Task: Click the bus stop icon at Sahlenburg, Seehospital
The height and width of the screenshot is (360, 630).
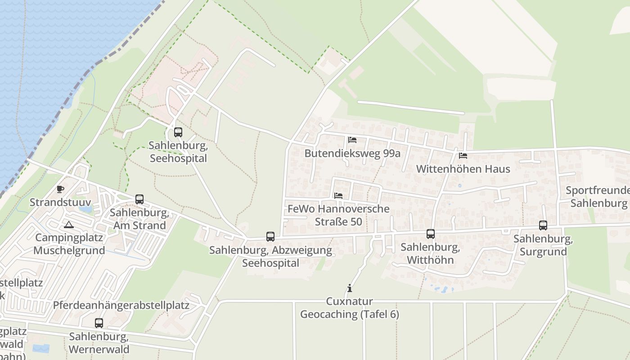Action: pyautogui.click(x=178, y=132)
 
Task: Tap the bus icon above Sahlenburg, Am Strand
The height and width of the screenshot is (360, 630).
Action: pyautogui.click(x=139, y=199)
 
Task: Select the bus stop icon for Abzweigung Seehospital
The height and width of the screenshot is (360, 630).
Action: pyautogui.click(x=270, y=237)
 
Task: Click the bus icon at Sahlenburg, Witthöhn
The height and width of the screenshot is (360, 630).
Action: pyautogui.click(x=431, y=234)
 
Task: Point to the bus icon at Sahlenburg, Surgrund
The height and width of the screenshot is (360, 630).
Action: pyautogui.click(x=543, y=225)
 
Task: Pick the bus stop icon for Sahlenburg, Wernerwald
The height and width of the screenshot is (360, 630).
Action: pyautogui.click(x=99, y=323)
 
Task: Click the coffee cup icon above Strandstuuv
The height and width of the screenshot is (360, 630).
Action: pyautogui.click(x=60, y=189)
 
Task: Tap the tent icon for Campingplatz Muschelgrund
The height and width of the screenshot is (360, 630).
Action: pyautogui.click(x=68, y=225)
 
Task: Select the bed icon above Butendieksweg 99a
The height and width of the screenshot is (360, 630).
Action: pyautogui.click(x=352, y=140)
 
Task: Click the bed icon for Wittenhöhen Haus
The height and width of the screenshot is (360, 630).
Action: pyautogui.click(x=463, y=156)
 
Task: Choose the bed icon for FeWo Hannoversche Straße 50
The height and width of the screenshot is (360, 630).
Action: pyautogui.click(x=338, y=196)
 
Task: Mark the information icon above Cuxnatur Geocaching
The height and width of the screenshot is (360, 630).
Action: pyautogui.click(x=349, y=288)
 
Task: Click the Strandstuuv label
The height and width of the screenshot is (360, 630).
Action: pyautogui.click(x=60, y=202)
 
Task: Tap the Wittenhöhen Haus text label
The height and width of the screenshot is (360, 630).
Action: pyautogui.click(x=463, y=169)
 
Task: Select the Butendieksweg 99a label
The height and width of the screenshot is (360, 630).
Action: pyautogui.click(x=352, y=153)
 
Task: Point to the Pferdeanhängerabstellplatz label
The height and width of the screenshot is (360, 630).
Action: pyautogui.click(x=121, y=305)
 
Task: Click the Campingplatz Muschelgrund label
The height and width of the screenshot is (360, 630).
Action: pyautogui.click(x=69, y=244)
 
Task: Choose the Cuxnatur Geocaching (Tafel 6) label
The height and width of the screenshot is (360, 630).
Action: pyautogui.click(x=349, y=308)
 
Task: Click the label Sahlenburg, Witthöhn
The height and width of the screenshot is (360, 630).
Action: pyautogui.click(x=430, y=254)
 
